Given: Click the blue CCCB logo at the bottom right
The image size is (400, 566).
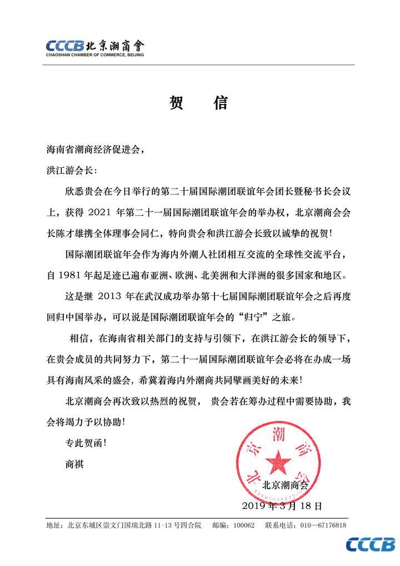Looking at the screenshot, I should (371, 544).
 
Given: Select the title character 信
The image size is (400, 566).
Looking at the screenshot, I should (220, 104).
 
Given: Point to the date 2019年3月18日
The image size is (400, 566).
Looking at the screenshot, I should (282, 506).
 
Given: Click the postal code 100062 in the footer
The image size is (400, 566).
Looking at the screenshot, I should (243, 525).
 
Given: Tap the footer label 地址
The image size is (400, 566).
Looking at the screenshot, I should (54, 525).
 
